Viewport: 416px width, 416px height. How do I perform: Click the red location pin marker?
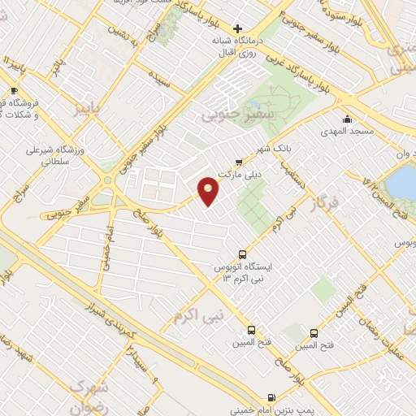[x=209, y=189]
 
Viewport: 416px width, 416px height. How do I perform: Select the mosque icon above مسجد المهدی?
[x=349, y=118]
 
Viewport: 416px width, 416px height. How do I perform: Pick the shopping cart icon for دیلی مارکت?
[x=238, y=161]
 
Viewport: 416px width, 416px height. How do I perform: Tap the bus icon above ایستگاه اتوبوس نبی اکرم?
[x=241, y=254]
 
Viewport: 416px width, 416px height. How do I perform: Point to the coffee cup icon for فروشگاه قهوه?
[x=14, y=90]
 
